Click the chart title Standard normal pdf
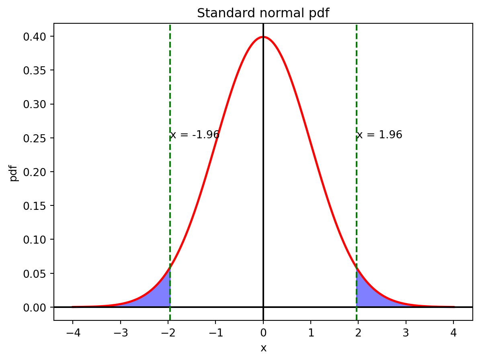(x=263, y=13)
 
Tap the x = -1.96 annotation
(x=195, y=135)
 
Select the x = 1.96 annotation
(x=379, y=135)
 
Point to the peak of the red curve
(x=263, y=37)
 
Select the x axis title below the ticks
(x=263, y=348)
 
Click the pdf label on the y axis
(x=14, y=172)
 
